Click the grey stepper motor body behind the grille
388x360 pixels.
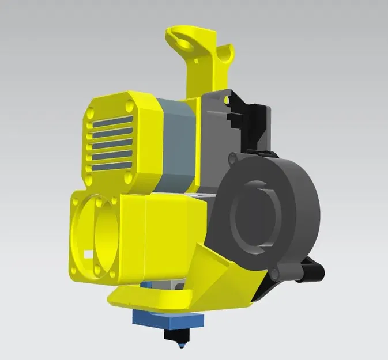(175, 144)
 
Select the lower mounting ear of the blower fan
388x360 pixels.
(288, 268)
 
